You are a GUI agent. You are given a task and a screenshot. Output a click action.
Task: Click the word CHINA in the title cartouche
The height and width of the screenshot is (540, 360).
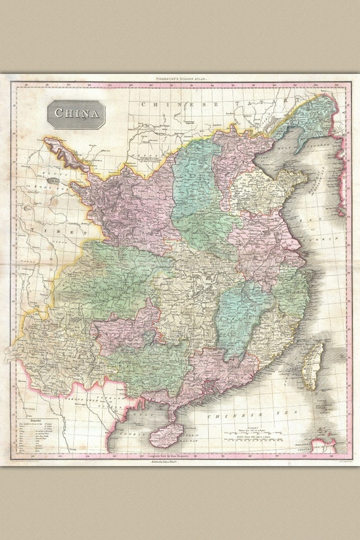point(76,114)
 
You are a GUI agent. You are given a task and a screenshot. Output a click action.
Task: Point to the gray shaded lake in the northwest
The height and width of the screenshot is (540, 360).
point(52,181)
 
